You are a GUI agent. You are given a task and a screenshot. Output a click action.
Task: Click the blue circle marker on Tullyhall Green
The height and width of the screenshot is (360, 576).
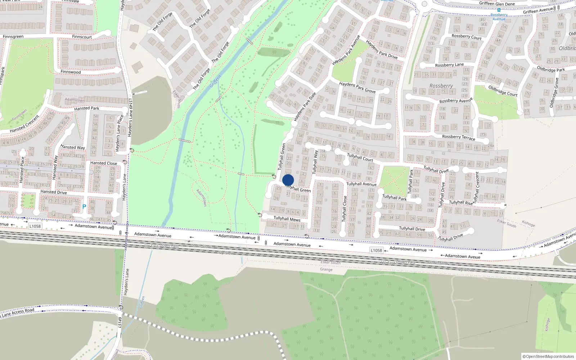coord(288,180)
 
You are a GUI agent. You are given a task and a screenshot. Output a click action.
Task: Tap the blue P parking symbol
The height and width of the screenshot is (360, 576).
coord(84,207)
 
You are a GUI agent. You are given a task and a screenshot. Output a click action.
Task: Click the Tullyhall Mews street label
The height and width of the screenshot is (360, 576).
coord(287,219)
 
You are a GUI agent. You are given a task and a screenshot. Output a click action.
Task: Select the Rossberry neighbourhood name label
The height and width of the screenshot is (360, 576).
coord(441,86)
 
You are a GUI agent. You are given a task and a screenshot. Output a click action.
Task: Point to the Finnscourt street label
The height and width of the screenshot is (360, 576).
coord(82,37)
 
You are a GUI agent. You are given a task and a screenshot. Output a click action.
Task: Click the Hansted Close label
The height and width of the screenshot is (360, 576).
coord(103,163)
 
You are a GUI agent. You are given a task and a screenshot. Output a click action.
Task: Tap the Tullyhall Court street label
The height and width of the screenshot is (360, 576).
coord(360,157)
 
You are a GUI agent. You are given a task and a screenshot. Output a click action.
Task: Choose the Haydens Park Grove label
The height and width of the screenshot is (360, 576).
coord(357,87)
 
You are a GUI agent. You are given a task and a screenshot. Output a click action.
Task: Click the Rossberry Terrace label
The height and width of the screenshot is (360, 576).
coord(458,137)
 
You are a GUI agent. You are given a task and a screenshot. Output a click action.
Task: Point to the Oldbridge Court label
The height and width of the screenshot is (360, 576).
coord(503,91)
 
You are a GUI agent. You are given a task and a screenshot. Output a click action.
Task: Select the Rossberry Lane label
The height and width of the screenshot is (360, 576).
coord(449,65)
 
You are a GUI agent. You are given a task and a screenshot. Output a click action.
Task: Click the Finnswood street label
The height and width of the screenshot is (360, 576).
coord(71,72)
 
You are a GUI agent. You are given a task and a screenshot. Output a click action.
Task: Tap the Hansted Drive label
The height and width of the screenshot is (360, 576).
coord(53,192)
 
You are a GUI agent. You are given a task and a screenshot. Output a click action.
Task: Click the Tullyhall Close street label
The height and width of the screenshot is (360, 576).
coord(345,208)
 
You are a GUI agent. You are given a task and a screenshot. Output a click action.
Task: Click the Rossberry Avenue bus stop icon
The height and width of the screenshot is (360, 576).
coord(499,10)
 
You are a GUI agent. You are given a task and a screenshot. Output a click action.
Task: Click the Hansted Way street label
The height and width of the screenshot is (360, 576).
coord(72,147)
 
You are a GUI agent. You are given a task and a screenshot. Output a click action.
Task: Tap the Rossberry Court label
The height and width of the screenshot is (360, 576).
coord(466,37)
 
